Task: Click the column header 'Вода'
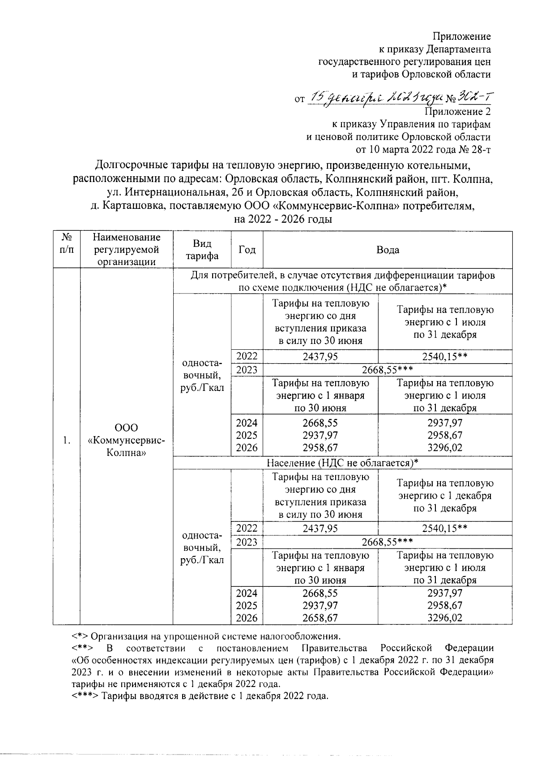tap(388, 250)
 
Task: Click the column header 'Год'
tap(247, 250)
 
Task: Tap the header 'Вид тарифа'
tap(202, 250)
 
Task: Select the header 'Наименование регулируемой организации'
tap(126, 250)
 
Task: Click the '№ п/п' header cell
tap(66, 244)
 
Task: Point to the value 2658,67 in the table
tap(320, 618)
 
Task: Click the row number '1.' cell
tap(66, 441)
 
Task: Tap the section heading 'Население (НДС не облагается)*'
tap(342, 463)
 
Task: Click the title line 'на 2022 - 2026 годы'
tap(283, 219)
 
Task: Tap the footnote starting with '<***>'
tap(200, 696)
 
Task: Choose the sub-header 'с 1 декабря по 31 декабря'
tap(445, 496)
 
